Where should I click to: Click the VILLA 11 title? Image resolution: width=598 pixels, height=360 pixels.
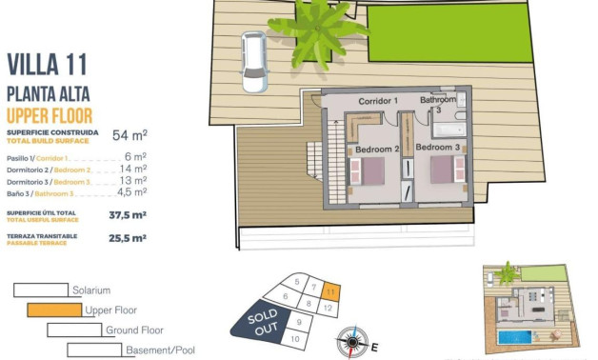48,65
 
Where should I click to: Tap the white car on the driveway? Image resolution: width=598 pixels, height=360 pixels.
254,62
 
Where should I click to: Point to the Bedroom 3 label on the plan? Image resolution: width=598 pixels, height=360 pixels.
437,149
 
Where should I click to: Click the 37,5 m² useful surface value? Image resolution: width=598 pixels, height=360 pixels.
127,215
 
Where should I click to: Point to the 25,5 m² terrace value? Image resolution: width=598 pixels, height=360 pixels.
127,239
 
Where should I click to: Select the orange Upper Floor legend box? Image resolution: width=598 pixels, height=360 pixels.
53,310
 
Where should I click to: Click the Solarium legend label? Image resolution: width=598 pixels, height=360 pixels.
91,290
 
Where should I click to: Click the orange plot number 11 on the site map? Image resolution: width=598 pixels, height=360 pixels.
329,292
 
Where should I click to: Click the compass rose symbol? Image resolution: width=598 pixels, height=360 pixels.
352,340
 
